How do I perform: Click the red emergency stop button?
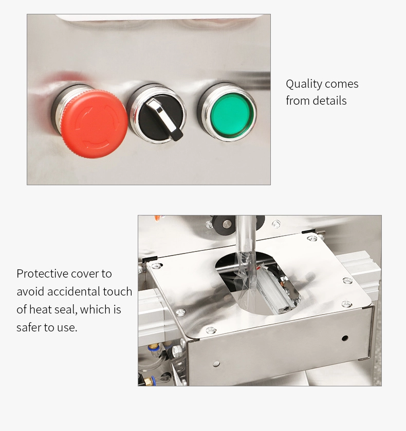[x=94, y=124]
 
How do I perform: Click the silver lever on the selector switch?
[x=164, y=119]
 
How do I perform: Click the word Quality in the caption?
[x=304, y=84]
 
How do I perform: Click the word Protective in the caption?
[x=42, y=274]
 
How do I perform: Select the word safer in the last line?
[x=29, y=327]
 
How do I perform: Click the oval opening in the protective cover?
[x=257, y=283]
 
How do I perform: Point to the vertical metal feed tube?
[x=246, y=237]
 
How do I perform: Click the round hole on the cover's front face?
[x=345, y=338]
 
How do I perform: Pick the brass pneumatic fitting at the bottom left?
[x=149, y=381]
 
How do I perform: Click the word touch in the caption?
[x=118, y=291]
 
